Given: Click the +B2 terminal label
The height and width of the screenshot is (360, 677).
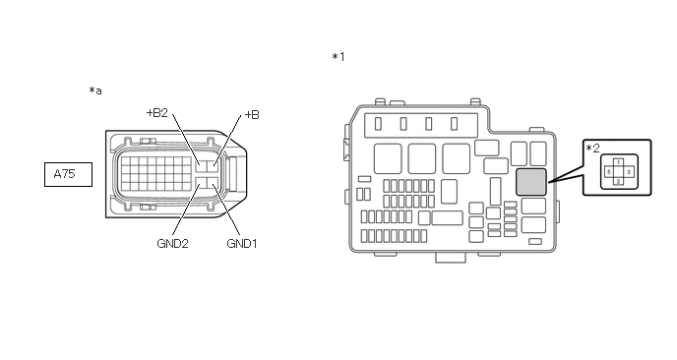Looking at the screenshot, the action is [x=157, y=113].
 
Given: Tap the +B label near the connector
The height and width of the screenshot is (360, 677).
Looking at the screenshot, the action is [x=252, y=115].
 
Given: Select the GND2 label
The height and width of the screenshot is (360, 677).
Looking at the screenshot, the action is [x=173, y=244].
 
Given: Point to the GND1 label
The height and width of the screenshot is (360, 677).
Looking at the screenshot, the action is [x=242, y=244].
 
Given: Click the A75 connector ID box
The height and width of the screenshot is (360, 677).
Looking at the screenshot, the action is [x=68, y=174].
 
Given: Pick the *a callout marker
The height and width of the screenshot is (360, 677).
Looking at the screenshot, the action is [x=95, y=90].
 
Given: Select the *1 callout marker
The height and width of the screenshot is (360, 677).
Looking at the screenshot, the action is [x=338, y=57].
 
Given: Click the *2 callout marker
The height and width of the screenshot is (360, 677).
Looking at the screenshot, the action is [x=592, y=149].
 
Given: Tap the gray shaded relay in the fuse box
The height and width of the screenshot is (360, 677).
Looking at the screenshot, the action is [x=531, y=182].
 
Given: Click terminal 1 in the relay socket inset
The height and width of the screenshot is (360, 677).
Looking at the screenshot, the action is [x=618, y=162].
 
